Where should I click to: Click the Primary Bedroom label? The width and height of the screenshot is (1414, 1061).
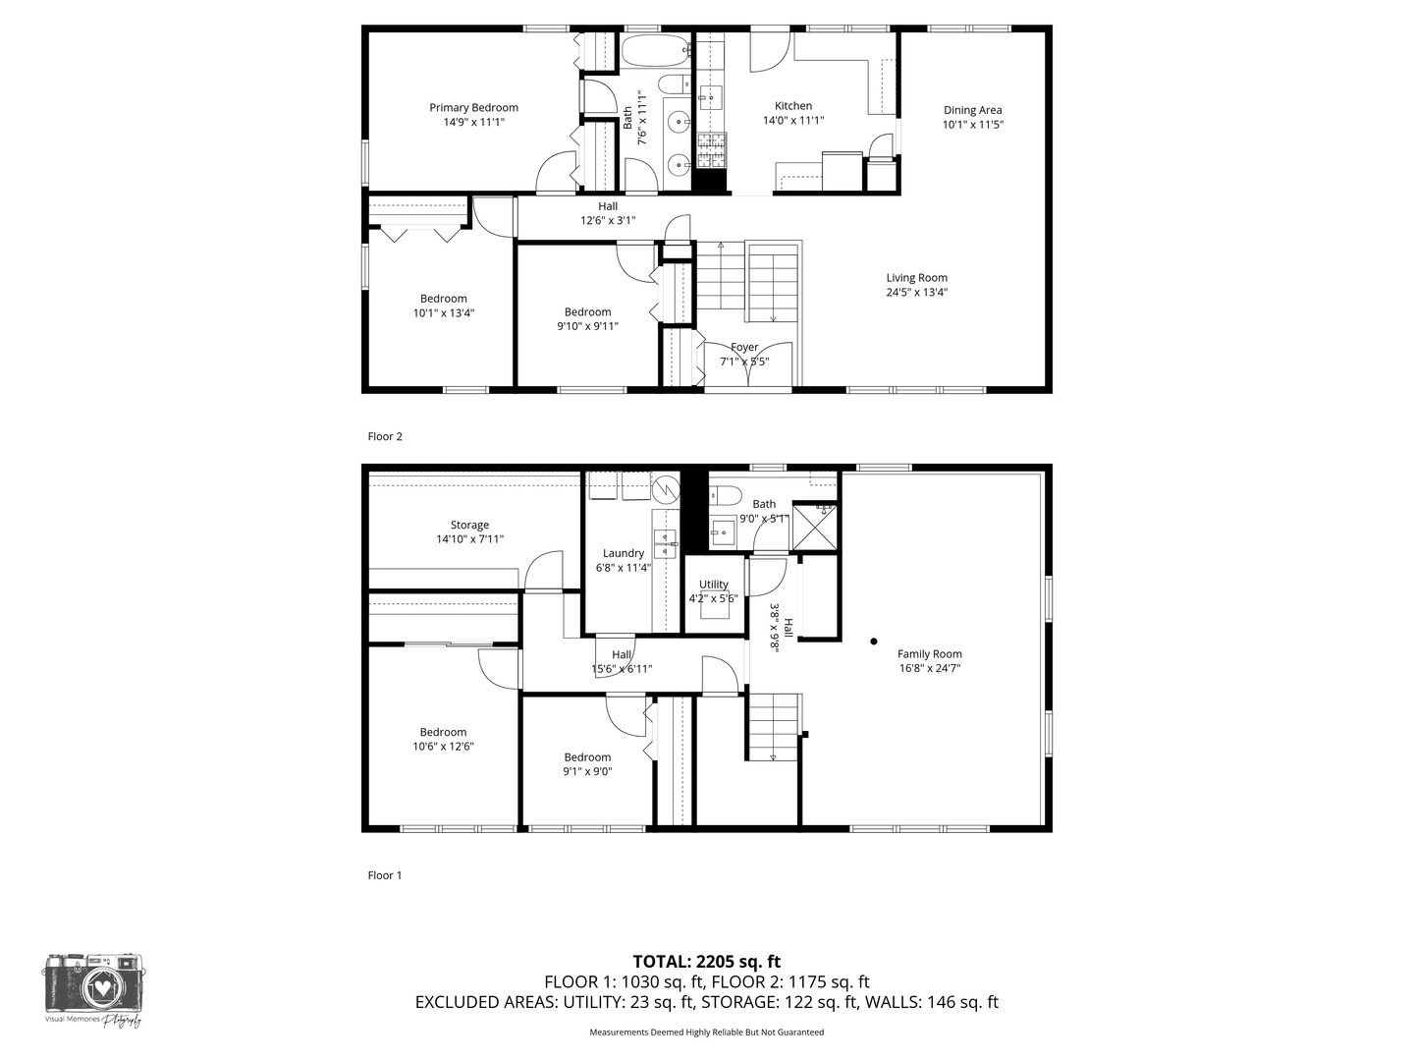[x=473, y=108]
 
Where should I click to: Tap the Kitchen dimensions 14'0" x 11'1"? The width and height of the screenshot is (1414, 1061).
[x=793, y=121]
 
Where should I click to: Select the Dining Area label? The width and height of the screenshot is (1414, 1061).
[x=973, y=110]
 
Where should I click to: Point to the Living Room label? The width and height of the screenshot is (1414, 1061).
[x=917, y=278]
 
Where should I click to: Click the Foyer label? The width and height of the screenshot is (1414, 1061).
[x=744, y=347]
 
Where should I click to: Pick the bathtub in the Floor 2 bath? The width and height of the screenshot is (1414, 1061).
[x=656, y=50]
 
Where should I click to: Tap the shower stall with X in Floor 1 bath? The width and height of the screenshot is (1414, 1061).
[x=815, y=528]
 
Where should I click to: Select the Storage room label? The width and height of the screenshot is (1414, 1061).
[x=469, y=525]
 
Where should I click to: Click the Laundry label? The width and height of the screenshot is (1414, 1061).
[x=623, y=553]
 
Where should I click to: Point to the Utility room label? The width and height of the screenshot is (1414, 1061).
[x=713, y=585]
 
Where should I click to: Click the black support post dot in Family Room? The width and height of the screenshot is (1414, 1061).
[x=874, y=642]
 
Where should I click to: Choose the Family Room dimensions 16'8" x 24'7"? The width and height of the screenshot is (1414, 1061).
[x=930, y=668]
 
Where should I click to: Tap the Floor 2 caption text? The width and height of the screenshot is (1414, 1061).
[x=385, y=437]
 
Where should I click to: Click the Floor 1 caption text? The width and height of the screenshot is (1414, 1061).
[x=385, y=875]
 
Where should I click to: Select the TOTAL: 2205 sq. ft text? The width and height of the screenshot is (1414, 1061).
[x=707, y=962]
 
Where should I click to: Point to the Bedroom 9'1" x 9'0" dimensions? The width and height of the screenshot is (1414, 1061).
[x=587, y=772]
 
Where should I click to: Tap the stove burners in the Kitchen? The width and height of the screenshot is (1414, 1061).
[x=711, y=150]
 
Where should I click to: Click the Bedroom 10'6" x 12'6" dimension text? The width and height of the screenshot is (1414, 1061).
[x=443, y=747]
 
